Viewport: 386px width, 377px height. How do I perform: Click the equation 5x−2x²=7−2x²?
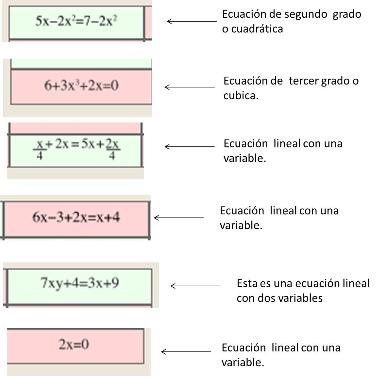(x=76, y=22)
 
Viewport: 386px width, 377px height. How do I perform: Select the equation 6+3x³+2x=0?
(x=81, y=86)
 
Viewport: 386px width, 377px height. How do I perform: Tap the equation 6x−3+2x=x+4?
(x=76, y=217)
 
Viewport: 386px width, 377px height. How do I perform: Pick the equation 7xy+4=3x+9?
(x=79, y=283)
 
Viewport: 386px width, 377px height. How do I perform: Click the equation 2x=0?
(x=74, y=345)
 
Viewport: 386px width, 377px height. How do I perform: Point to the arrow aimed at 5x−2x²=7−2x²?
(x=192, y=22)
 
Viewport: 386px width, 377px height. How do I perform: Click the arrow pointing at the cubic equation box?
(x=190, y=87)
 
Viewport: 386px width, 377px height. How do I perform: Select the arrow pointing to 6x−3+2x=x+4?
(x=178, y=218)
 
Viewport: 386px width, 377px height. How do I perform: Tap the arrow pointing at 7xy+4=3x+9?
(x=195, y=286)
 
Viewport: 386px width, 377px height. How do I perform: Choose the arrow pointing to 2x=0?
(x=186, y=352)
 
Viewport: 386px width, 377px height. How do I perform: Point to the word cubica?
(x=241, y=96)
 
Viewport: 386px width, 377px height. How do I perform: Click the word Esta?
(x=247, y=283)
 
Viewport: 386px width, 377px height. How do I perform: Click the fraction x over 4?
(x=40, y=150)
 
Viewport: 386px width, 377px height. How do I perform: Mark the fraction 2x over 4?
(x=112, y=150)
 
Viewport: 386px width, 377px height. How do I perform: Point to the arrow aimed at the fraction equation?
(x=190, y=147)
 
